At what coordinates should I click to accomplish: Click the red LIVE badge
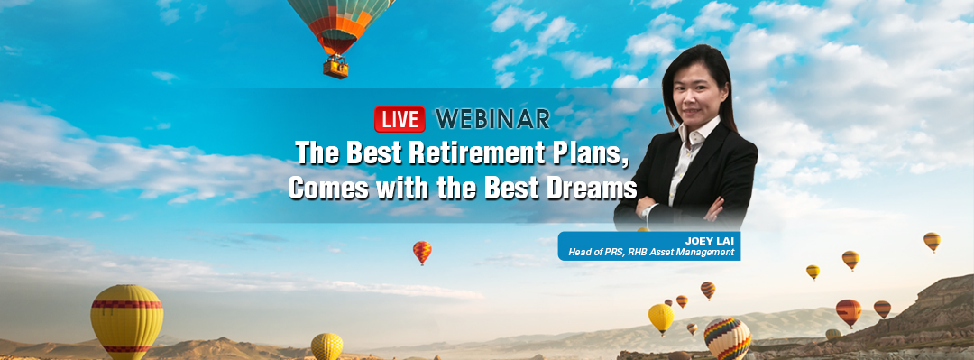click(400, 119)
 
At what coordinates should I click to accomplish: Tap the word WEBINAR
click(492, 119)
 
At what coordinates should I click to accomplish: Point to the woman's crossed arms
click(678, 210)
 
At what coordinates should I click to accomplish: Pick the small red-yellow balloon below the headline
click(422, 251)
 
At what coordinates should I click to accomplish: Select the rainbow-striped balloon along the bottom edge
click(728, 339)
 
